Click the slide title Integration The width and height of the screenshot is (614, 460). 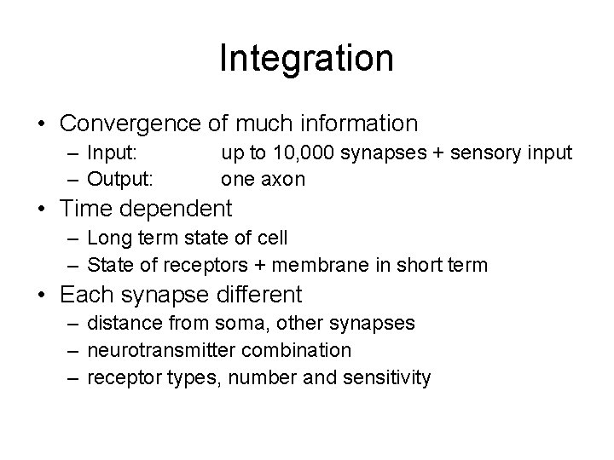[x=306, y=59]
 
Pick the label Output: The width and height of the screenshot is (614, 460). [x=122, y=179]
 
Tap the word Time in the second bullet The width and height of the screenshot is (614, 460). [x=87, y=208]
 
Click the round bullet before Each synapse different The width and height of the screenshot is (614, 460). [x=41, y=296]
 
